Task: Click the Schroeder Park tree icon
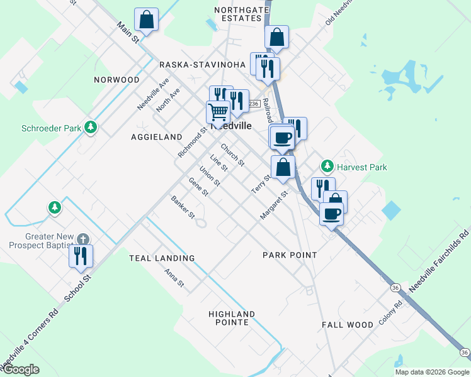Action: (91, 128)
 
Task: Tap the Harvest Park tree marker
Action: (327, 167)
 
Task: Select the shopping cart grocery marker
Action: (218, 112)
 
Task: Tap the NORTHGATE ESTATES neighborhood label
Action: (237, 14)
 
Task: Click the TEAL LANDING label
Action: (162, 258)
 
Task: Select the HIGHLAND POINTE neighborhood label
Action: (232, 318)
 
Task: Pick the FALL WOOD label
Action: (348, 325)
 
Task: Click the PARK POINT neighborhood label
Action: (290, 255)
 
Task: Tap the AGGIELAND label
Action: (156, 136)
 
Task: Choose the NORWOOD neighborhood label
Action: (116, 80)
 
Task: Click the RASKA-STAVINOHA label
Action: (201, 65)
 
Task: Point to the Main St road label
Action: (128, 33)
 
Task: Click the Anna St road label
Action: (174, 278)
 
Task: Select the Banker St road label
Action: (183, 207)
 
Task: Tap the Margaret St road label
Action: (274, 205)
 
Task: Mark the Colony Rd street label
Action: (390, 313)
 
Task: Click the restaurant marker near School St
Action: (81, 256)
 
